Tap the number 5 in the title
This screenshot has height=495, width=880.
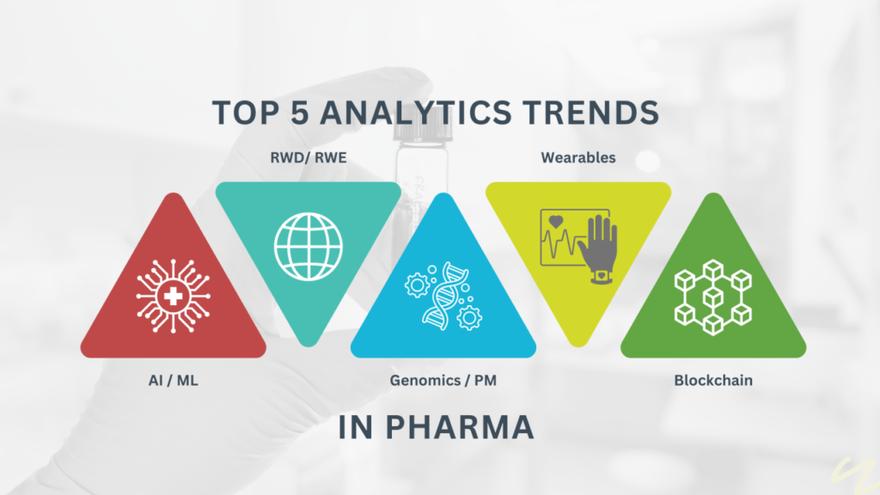pyautogui.click(x=300, y=113)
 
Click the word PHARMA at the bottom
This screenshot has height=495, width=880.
pyautogui.click(x=459, y=428)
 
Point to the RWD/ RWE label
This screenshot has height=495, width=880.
pyautogui.click(x=309, y=158)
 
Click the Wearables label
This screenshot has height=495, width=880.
pyautogui.click(x=578, y=158)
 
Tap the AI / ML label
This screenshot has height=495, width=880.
pyautogui.click(x=173, y=381)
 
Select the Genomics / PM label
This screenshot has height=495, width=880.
pyautogui.click(x=443, y=381)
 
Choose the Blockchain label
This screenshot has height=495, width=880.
pyautogui.click(x=712, y=381)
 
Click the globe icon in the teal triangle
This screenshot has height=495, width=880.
pyautogui.click(x=309, y=247)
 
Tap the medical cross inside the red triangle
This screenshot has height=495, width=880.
pyautogui.click(x=173, y=296)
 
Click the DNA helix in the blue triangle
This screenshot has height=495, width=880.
pyautogui.click(x=444, y=296)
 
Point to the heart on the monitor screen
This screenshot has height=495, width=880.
pyautogui.click(x=556, y=221)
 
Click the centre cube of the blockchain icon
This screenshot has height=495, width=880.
pyautogui.click(x=712, y=296)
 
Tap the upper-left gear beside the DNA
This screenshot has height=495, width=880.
pyautogui.click(x=417, y=285)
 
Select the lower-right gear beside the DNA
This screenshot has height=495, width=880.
pyautogui.click(x=469, y=318)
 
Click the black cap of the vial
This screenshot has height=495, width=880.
pyautogui.click(x=423, y=131)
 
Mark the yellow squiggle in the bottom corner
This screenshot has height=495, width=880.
pyautogui.click(x=855, y=474)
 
